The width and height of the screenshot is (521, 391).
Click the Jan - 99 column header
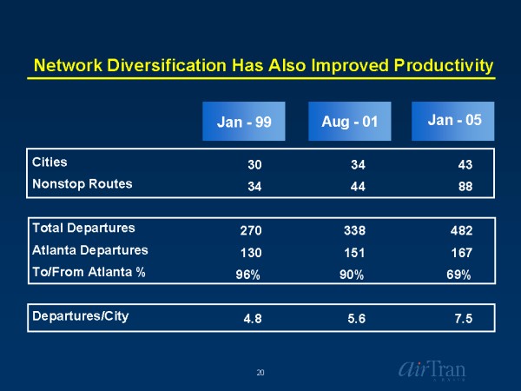coord(244,122)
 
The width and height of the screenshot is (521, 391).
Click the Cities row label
coord(49,162)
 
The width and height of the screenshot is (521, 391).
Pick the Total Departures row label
coord(83,229)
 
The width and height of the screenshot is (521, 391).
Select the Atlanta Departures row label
coord(90,250)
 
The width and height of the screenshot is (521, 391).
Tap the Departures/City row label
coord(80,315)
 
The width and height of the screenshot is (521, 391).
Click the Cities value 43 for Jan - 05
coord(465,163)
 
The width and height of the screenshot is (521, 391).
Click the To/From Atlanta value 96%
coord(249,275)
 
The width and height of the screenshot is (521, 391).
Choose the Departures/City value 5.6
coord(356,318)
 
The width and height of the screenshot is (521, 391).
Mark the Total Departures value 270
coord(250,230)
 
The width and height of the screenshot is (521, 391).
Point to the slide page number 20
coord(260,372)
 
